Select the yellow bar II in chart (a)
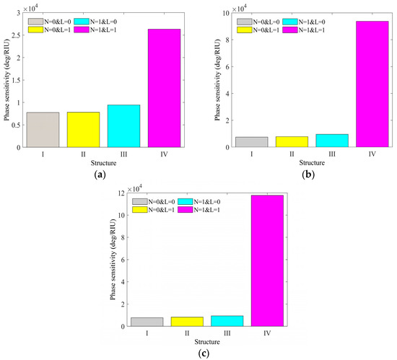(83, 130)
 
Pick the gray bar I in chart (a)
(43, 130)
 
